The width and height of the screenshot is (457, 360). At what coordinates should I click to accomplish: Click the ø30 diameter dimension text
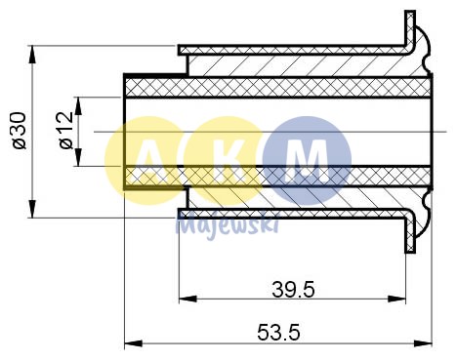pos(17,130)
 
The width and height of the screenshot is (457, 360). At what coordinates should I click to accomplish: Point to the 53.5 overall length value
pos(278,332)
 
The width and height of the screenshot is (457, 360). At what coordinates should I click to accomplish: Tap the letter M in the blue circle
pos(308,159)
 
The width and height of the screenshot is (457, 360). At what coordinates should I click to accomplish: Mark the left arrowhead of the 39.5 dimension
pos(184,299)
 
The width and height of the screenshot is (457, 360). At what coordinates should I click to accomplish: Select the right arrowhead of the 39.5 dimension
pos(400,299)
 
